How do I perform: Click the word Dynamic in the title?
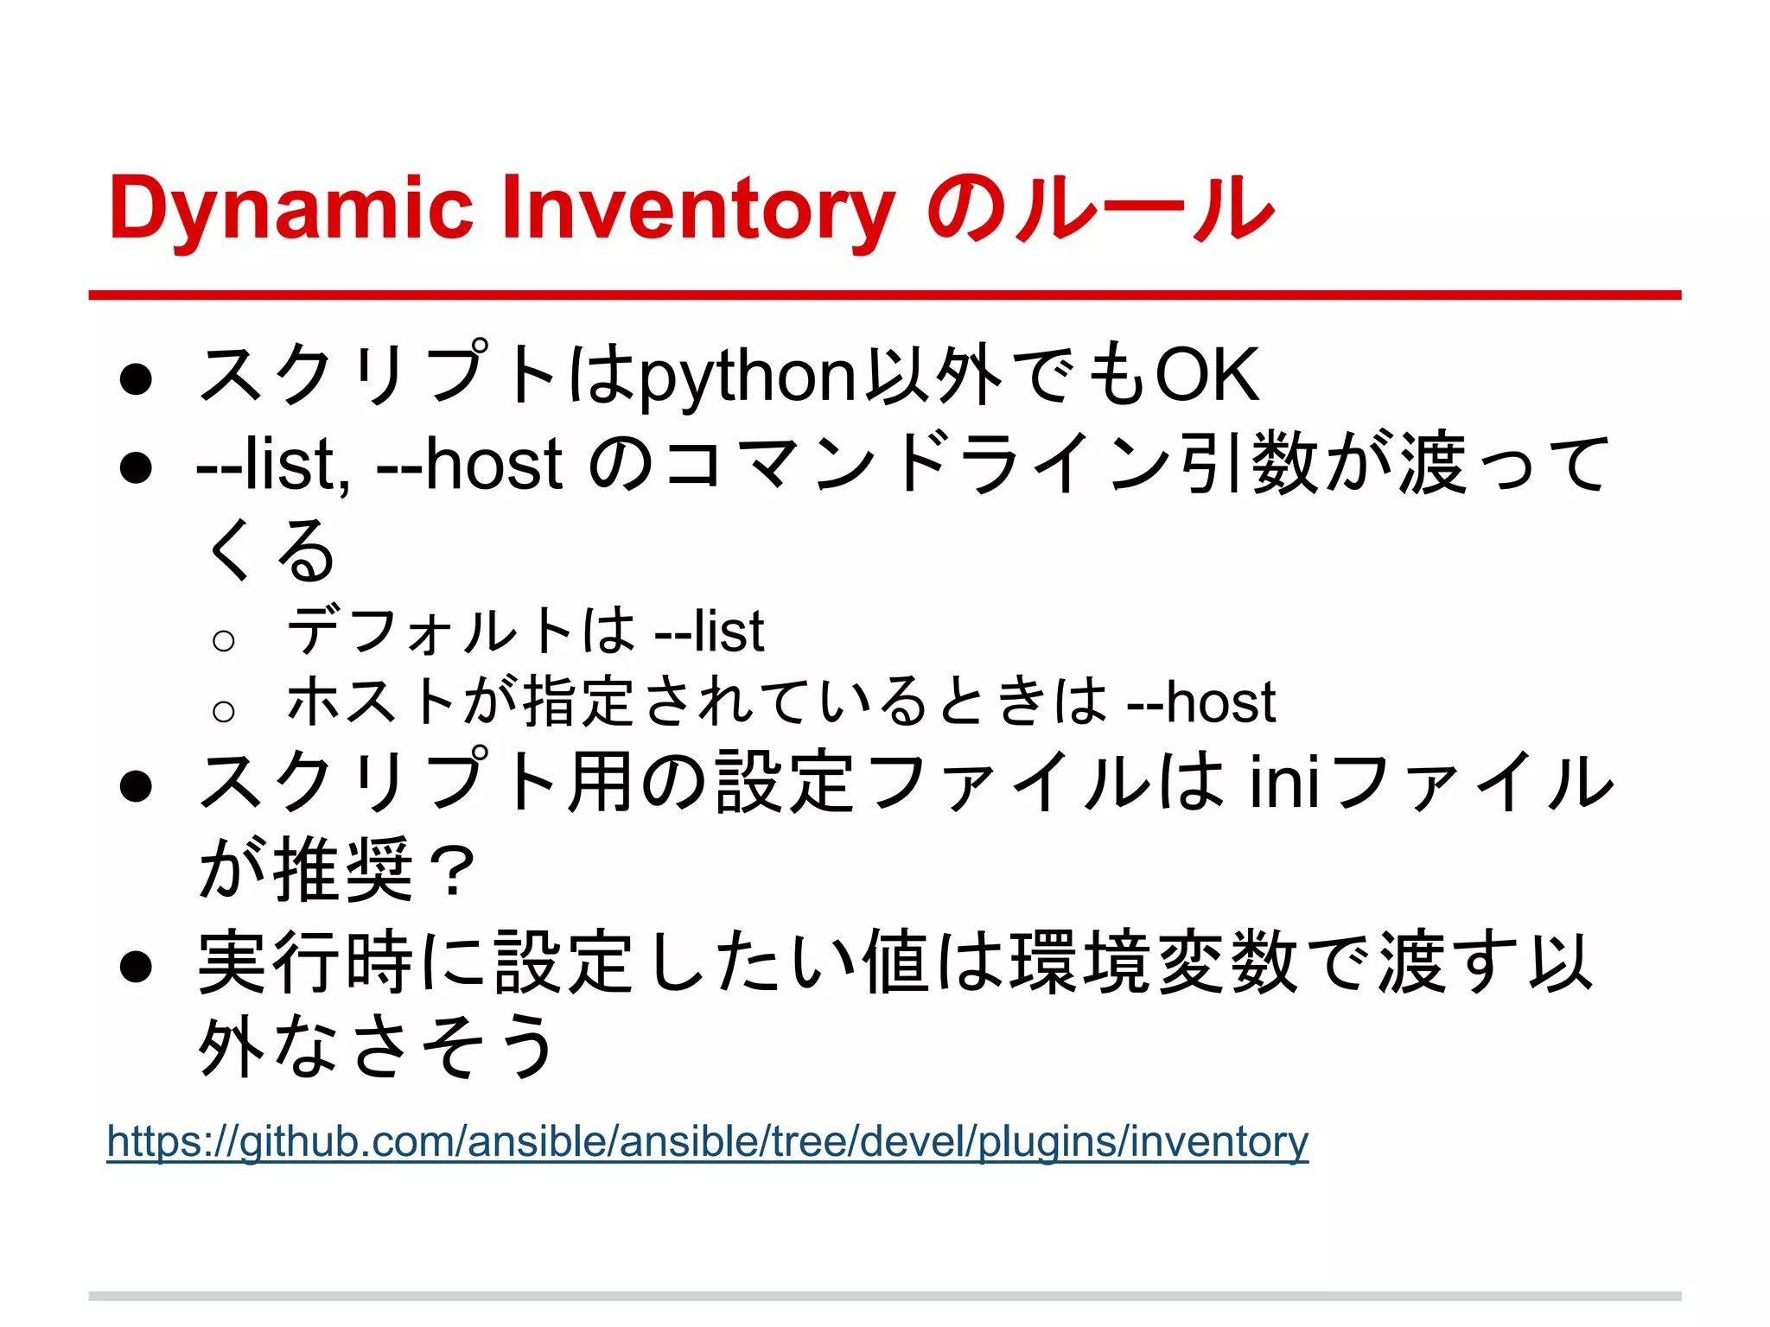[291, 209]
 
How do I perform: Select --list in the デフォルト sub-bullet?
[709, 632]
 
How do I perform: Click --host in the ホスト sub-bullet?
[1201, 702]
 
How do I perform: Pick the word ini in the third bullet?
[1284, 782]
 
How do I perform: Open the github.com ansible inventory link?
[707, 1141]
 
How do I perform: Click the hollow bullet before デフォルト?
[223, 640]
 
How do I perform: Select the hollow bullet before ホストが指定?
[223, 711]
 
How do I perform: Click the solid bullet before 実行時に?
[137, 967]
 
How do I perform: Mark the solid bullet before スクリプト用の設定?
[137, 787]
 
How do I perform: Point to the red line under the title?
[884, 295]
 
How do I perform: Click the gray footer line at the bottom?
[884, 1296]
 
